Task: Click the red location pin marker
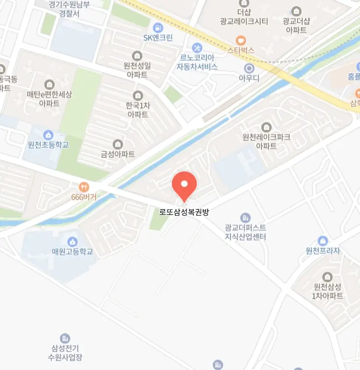click(185, 185)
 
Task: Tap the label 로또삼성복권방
click(185, 213)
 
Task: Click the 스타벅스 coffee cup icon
click(241, 40)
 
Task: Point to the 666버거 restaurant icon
click(84, 187)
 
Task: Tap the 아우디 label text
click(249, 78)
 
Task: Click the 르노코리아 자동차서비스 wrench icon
click(197, 47)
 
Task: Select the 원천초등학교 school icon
click(48, 134)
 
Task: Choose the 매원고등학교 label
click(73, 252)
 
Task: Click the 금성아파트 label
click(118, 154)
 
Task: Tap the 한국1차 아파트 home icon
click(138, 95)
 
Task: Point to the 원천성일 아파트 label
click(137, 70)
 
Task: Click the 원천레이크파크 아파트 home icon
click(266, 127)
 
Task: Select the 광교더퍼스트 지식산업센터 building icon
click(245, 217)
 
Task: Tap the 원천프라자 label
click(323, 251)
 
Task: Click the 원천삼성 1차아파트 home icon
click(327, 276)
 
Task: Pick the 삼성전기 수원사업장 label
click(65, 353)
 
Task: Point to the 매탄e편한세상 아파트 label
click(49, 99)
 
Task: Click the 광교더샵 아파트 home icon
click(296, 11)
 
